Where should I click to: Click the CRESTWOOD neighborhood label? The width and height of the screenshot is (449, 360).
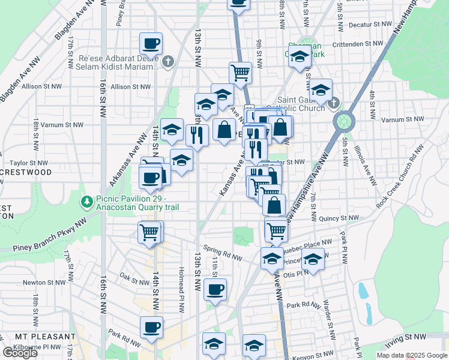(x=26, y=172)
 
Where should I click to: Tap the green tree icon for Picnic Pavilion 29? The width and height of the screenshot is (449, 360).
(x=88, y=201)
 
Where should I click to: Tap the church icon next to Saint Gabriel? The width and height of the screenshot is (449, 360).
(x=334, y=101)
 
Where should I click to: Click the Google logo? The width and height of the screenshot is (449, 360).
(x=20, y=353)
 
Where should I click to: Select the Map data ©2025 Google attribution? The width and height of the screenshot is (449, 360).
(x=411, y=355)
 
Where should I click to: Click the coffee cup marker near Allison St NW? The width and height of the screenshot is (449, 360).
(x=151, y=44)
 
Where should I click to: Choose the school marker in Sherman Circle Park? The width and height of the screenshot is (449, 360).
(x=300, y=58)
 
